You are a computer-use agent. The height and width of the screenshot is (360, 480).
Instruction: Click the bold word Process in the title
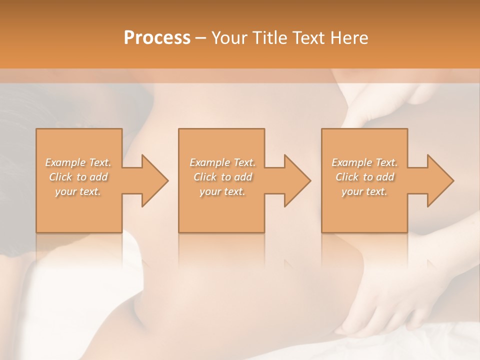click(x=157, y=38)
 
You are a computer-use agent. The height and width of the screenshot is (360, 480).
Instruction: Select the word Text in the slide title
click(x=307, y=38)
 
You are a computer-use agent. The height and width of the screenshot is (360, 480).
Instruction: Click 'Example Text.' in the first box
click(x=78, y=162)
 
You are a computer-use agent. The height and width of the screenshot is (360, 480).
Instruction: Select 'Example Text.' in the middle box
click(x=222, y=162)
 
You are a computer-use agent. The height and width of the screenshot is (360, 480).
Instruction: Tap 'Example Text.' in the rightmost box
click(x=364, y=162)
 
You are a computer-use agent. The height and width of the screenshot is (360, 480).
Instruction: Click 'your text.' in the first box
click(x=78, y=191)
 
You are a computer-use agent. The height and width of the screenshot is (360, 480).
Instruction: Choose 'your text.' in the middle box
click(x=222, y=191)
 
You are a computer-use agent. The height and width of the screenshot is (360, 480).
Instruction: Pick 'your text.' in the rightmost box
click(x=364, y=191)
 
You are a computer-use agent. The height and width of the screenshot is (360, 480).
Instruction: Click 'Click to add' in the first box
click(x=78, y=177)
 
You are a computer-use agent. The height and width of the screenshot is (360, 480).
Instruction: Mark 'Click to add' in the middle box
click(x=222, y=177)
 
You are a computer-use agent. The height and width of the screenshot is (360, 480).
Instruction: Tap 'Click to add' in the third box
click(x=364, y=177)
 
